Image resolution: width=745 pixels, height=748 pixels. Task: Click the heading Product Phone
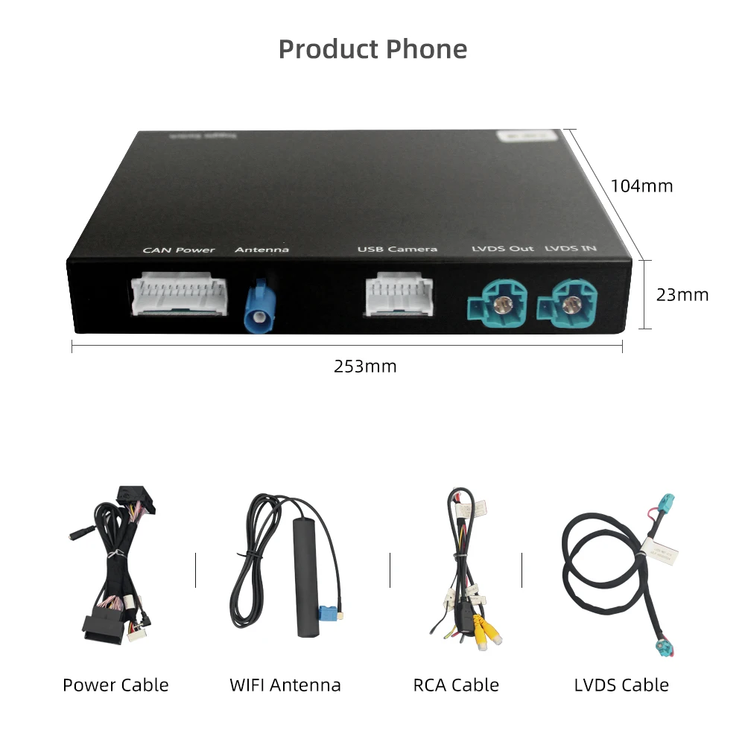coord(372,49)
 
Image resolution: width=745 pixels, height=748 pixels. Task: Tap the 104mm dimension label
coord(641,186)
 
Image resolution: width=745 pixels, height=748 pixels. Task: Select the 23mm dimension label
coord(682,294)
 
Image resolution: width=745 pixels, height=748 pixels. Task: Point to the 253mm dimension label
coord(365,366)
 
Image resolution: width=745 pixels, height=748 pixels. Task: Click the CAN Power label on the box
coord(179,250)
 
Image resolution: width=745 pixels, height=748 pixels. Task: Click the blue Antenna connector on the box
coord(260,307)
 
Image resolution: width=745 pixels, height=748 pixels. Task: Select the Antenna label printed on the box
coord(261,250)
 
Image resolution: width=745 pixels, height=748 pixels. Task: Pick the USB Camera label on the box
coord(397,249)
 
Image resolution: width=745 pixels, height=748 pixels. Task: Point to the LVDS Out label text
coord(503,248)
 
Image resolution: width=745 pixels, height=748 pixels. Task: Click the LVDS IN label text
coord(571,247)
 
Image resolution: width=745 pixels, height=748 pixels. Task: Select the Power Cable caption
coord(115,685)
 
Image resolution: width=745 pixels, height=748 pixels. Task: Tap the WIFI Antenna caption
coord(285,685)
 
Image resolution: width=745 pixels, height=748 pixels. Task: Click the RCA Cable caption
coord(456,685)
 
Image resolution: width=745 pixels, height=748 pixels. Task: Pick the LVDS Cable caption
coord(621,685)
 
